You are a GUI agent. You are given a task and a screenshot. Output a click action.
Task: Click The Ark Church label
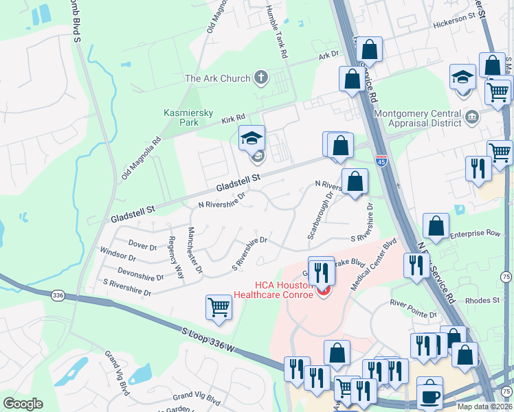217,78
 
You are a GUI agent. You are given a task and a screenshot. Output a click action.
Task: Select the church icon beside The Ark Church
260,78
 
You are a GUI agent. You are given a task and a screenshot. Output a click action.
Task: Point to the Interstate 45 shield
381,160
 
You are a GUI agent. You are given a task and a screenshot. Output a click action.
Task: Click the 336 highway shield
58,295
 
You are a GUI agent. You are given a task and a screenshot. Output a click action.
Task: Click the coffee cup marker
431,393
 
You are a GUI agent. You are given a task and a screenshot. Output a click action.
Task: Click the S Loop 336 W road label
208,341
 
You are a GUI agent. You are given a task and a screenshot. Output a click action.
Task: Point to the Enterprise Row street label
476,234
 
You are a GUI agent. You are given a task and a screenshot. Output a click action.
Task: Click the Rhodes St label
482,300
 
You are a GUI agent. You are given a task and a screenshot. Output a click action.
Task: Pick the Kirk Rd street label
233,119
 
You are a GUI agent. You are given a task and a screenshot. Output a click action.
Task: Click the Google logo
23,404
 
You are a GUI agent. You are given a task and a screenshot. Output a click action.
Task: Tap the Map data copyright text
484,407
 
